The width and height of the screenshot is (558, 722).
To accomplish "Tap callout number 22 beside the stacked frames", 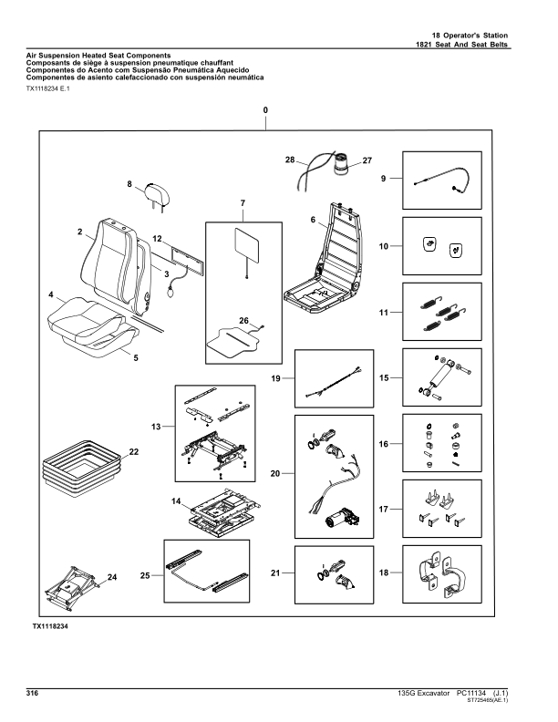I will [x=134, y=452].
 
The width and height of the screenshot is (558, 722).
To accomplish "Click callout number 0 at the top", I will [x=265, y=109].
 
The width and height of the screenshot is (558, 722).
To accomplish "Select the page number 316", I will [x=32, y=694].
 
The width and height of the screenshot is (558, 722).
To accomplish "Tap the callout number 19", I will [x=276, y=376].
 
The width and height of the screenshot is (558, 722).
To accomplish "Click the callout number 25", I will [x=145, y=576].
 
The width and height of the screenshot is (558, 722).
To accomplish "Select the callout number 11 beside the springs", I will [x=384, y=313].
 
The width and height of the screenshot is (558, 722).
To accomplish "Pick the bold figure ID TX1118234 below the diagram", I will [x=51, y=628].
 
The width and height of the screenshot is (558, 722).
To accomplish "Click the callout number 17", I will [x=384, y=510].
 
